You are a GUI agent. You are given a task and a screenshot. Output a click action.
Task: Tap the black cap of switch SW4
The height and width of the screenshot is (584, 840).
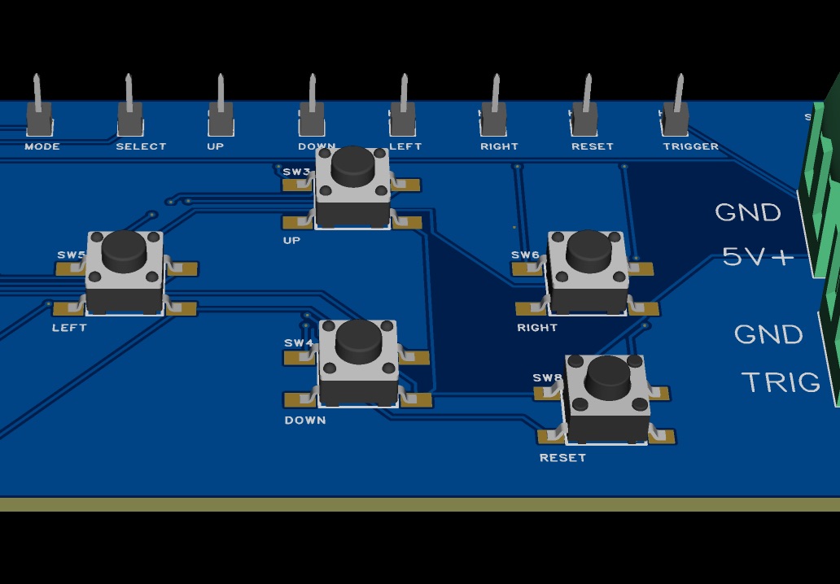[x=357, y=341]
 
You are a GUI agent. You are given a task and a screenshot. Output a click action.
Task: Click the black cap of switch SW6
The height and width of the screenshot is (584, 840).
[x=588, y=251]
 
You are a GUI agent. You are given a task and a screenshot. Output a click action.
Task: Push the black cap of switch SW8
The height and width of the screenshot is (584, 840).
[x=607, y=377]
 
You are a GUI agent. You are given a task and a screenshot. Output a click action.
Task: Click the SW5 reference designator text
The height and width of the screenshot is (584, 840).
[x=71, y=255]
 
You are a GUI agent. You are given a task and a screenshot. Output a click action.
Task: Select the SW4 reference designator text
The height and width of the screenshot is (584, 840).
[x=299, y=343]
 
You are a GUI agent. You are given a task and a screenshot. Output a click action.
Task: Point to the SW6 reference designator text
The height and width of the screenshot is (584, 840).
[x=525, y=255]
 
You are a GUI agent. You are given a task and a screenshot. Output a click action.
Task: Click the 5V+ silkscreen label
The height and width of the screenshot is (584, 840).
[x=758, y=257]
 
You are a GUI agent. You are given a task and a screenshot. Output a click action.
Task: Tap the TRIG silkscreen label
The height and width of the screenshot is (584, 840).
[x=781, y=382]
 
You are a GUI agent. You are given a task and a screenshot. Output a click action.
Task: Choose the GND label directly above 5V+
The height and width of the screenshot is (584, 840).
[x=748, y=212]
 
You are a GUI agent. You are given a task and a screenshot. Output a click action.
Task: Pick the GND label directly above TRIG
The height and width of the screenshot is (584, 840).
[x=768, y=334]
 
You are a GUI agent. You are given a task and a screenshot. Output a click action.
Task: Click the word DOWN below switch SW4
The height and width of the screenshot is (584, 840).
[x=305, y=421]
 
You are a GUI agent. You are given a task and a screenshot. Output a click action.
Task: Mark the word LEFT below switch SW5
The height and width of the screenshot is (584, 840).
[x=69, y=328]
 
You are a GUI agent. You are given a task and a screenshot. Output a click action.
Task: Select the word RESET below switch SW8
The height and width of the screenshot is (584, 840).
[x=562, y=458]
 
